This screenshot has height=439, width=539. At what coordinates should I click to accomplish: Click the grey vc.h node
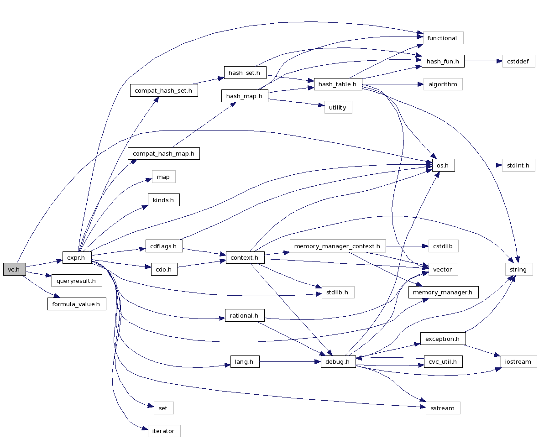(x=14, y=269)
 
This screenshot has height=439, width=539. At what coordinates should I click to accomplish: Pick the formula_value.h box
(x=77, y=304)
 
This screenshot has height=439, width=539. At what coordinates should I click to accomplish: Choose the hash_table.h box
(x=338, y=84)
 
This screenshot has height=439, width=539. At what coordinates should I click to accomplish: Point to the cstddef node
(x=518, y=61)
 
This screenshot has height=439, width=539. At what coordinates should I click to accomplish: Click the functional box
(x=443, y=38)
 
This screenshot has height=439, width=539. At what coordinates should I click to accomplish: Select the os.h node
(x=440, y=165)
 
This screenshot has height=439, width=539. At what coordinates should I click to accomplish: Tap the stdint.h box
(x=518, y=165)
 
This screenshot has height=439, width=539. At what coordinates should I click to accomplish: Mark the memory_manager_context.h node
(x=338, y=246)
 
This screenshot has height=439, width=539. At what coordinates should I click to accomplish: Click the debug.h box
(x=338, y=362)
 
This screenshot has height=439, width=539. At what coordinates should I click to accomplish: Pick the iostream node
(x=518, y=361)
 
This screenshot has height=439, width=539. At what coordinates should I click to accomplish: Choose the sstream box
(x=443, y=408)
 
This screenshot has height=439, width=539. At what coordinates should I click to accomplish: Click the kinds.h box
(x=163, y=200)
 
